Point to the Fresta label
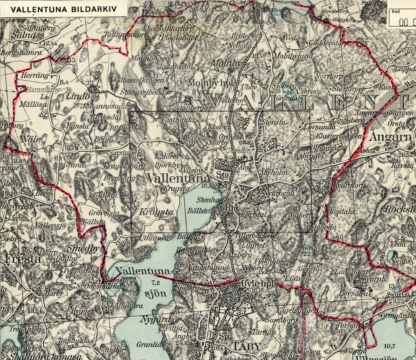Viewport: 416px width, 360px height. coord(22,259)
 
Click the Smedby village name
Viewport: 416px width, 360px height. coord(83,249)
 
